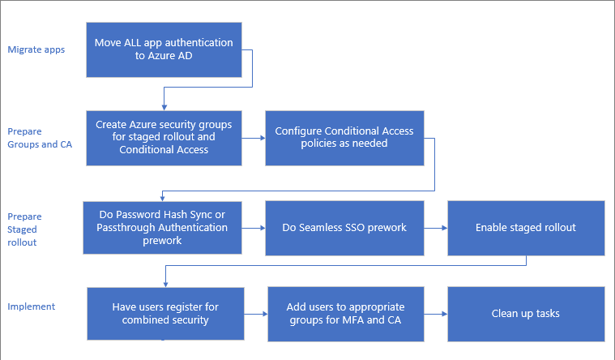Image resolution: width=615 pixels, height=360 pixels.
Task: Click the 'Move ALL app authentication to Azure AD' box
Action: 164,49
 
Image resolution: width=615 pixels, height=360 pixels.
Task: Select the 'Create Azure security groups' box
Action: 164,137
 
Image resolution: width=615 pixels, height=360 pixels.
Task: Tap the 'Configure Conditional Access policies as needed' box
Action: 344,137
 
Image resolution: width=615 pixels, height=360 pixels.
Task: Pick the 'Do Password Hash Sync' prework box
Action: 164,228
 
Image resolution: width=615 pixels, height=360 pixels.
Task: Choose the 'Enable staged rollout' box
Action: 525,228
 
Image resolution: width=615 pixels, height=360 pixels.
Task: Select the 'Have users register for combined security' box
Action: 164,314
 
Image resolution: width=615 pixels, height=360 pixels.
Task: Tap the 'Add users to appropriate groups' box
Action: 345,314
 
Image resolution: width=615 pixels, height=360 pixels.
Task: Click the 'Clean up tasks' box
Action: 525,314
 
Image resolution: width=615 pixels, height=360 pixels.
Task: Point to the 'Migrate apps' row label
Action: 36,49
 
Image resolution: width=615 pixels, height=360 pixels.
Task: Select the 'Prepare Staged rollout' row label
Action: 24,229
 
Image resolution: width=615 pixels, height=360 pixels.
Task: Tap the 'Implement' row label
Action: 31,306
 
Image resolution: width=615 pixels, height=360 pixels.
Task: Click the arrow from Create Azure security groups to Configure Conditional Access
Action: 254,138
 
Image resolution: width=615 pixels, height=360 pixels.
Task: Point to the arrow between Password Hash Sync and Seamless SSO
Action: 254,229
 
